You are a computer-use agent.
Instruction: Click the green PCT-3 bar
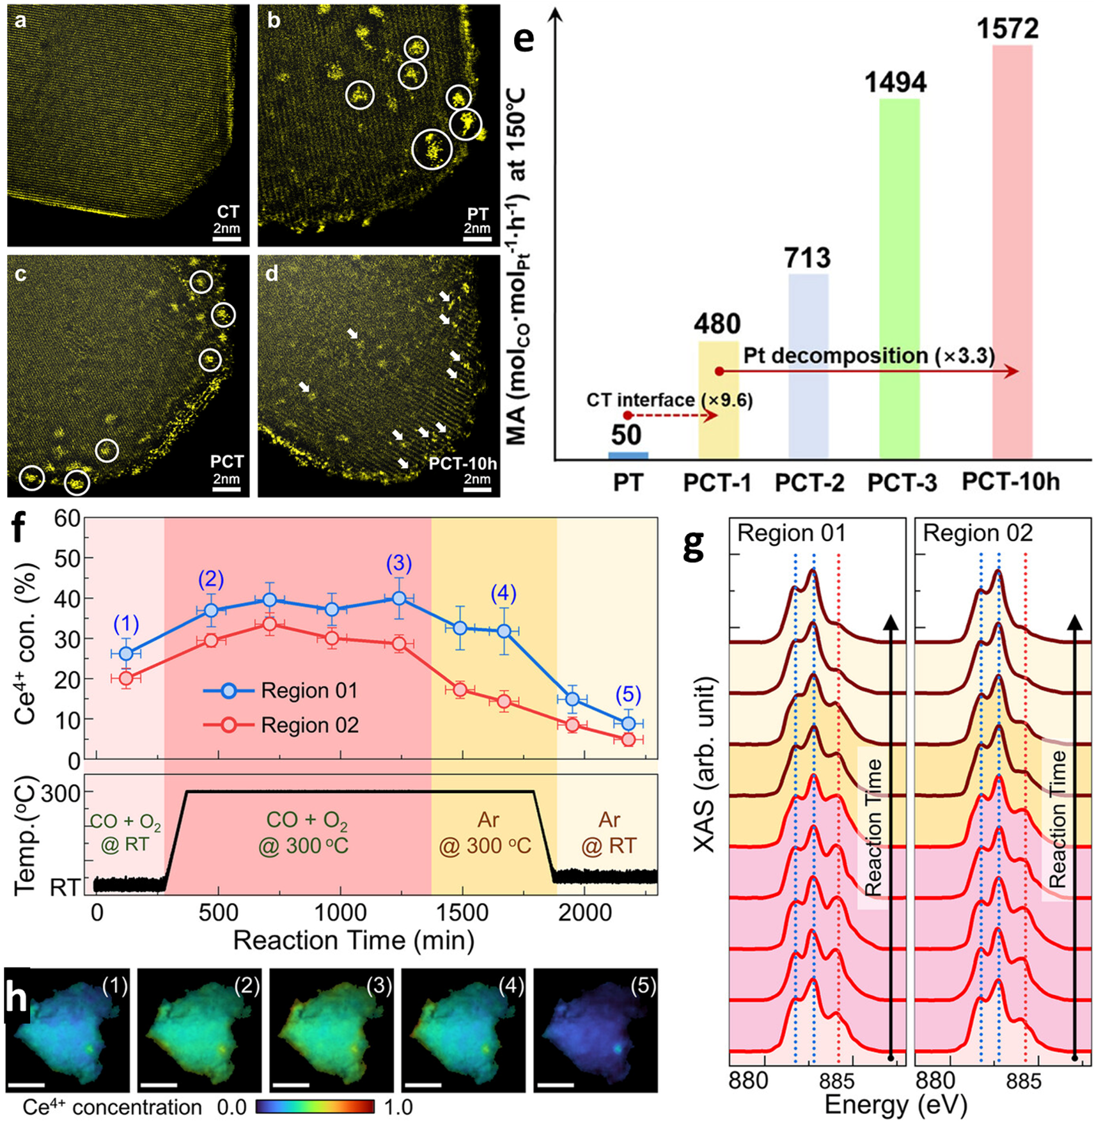pyautogui.click(x=899, y=278)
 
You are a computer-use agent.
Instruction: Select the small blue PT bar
pyautogui.click(x=628, y=455)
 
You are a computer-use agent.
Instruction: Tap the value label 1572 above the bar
pyautogui.click(x=1008, y=29)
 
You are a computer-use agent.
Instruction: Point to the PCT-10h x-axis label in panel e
pyautogui.click(x=1010, y=482)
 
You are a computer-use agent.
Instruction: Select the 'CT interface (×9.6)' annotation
pyautogui.click(x=669, y=400)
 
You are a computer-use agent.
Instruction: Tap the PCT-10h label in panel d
pyautogui.click(x=462, y=463)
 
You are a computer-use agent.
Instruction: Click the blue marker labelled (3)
pyautogui.click(x=399, y=599)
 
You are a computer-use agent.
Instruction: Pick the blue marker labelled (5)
pyautogui.click(x=628, y=723)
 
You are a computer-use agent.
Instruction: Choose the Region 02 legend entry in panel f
pyautogui.click(x=281, y=725)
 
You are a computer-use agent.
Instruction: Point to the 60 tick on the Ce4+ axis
pyautogui.click(x=66, y=518)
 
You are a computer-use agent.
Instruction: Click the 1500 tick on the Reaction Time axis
pyautogui.click(x=462, y=913)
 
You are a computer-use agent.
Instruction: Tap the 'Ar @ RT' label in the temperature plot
pyautogui.click(x=609, y=833)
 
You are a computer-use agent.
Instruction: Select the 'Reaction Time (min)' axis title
pyautogui.click(x=354, y=941)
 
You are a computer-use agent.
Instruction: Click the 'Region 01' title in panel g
pyautogui.click(x=791, y=533)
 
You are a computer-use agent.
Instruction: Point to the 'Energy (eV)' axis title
pyautogui.click(x=895, y=1104)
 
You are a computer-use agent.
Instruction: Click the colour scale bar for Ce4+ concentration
pyautogui.click(x=315, y=1107)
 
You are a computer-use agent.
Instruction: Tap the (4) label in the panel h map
pyautogui.click(x=511, y=985)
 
